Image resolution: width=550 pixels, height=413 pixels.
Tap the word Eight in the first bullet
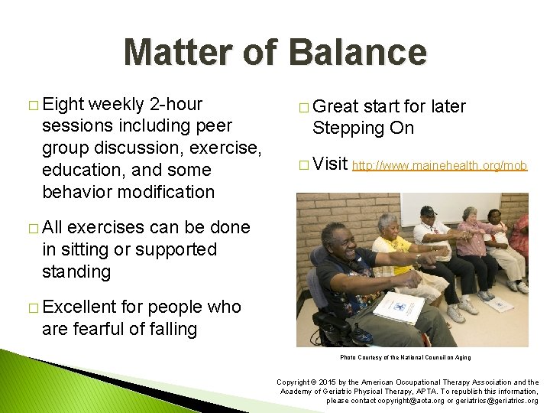point(64,103)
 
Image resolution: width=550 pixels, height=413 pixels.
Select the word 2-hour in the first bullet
point(177,103)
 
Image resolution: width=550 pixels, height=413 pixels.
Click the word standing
point(78,272)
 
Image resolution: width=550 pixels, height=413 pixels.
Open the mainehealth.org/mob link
point(440,164)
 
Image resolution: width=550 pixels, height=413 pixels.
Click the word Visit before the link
point(330,164)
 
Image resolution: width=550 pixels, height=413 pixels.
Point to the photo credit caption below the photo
point(405,357)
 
